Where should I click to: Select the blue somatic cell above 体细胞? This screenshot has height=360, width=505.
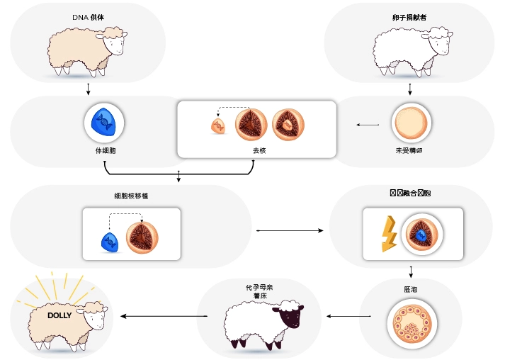[x=105, y=122]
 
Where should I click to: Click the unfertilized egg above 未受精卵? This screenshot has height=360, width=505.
[x=411, y=123]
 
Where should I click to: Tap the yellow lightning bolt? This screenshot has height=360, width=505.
[x=388, y=234]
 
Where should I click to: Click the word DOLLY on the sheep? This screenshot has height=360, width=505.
[x=59, y=315]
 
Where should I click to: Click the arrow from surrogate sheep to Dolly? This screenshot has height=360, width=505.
[x=163, y=315]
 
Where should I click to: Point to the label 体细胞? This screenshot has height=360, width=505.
[x=105, y=150]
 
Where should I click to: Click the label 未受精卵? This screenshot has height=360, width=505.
[x=411, y=150]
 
